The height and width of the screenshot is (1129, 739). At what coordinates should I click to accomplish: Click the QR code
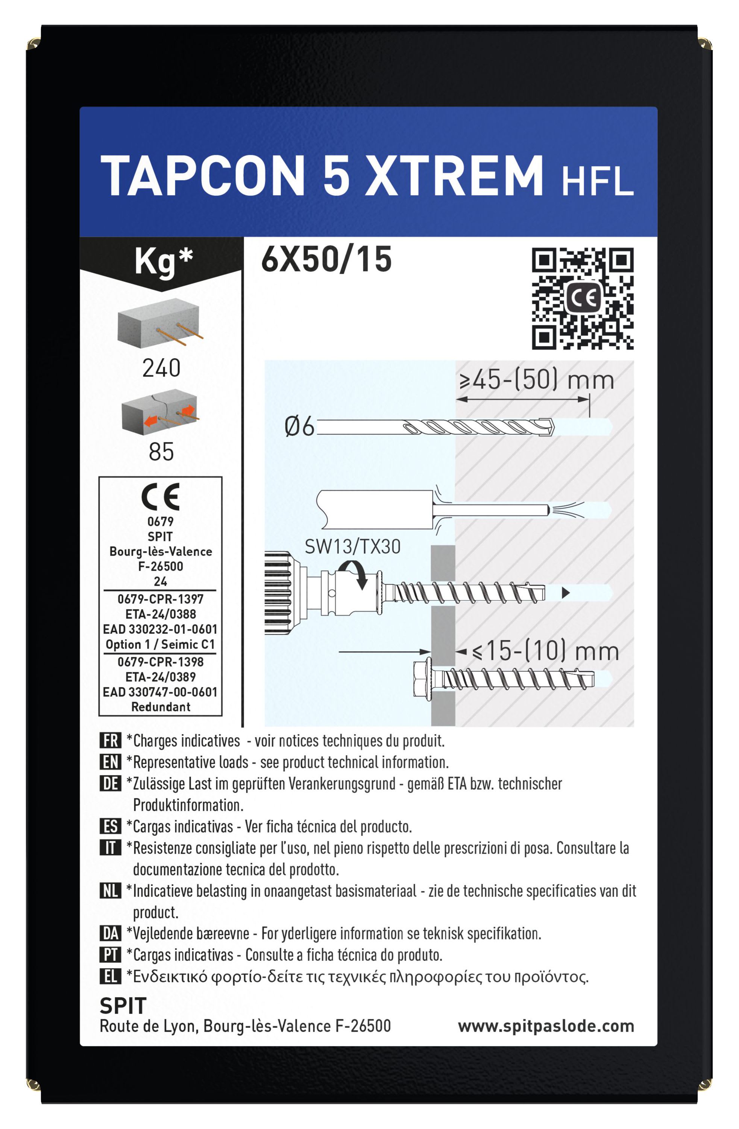(x=582, y=299)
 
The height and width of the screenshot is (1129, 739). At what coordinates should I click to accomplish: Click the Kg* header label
(x=164, y=262)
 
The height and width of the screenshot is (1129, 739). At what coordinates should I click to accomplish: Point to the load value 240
(x=161, y=368)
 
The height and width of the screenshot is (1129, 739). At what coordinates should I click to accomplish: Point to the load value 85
(x=161, y=452)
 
